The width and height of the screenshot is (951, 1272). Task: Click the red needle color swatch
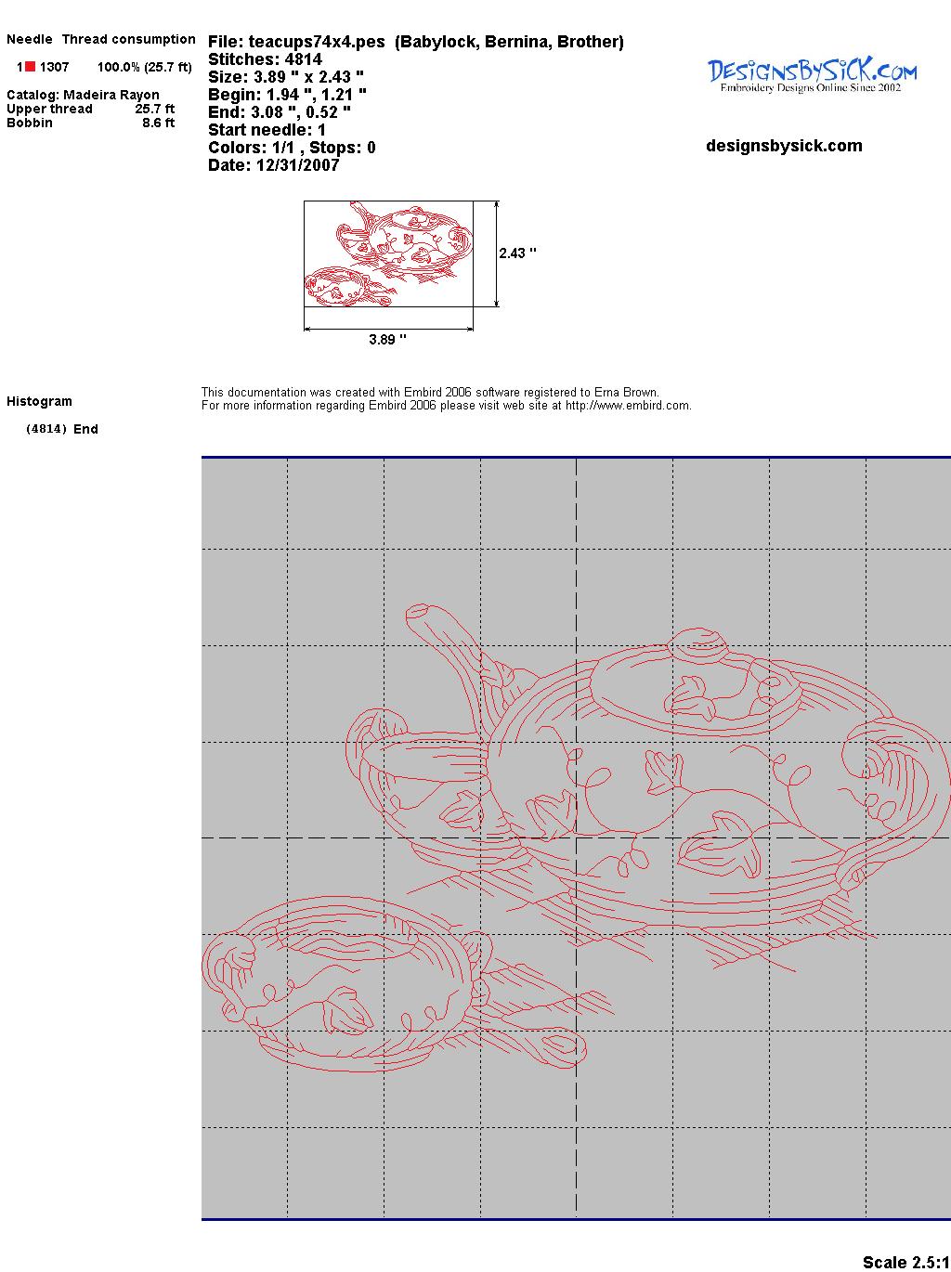click(x=31, y=67)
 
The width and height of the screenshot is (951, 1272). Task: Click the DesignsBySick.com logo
click(x=812, y=75)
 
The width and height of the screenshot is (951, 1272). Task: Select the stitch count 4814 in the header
click(x=303, y=59)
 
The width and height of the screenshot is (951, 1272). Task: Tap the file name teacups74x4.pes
click(x=317, y=42)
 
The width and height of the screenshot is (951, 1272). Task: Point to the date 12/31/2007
click(x=297, y=165)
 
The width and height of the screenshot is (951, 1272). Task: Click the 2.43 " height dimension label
click(x=517, y=253)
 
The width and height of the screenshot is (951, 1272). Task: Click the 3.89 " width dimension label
click(x=387, y=339)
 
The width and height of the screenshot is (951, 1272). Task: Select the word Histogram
click(x=39, y=401)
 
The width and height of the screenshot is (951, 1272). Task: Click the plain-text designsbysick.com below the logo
click(x=784, y=146)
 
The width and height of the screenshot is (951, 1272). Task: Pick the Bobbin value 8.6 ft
click(x=158, y=123)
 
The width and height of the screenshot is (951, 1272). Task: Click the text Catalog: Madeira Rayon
click(x=83, y=95)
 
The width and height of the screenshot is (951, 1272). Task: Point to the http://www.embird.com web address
click(x=628, y=406)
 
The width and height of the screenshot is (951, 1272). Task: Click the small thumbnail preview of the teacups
click(x=388, y=253)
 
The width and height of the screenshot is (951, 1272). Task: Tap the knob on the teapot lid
click(x=698, y=642)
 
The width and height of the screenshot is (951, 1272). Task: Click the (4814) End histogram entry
click(x=62, y=429)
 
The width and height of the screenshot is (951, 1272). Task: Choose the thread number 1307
click(x=55, y=67)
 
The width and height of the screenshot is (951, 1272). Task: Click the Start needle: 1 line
click(x=267, y=130)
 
